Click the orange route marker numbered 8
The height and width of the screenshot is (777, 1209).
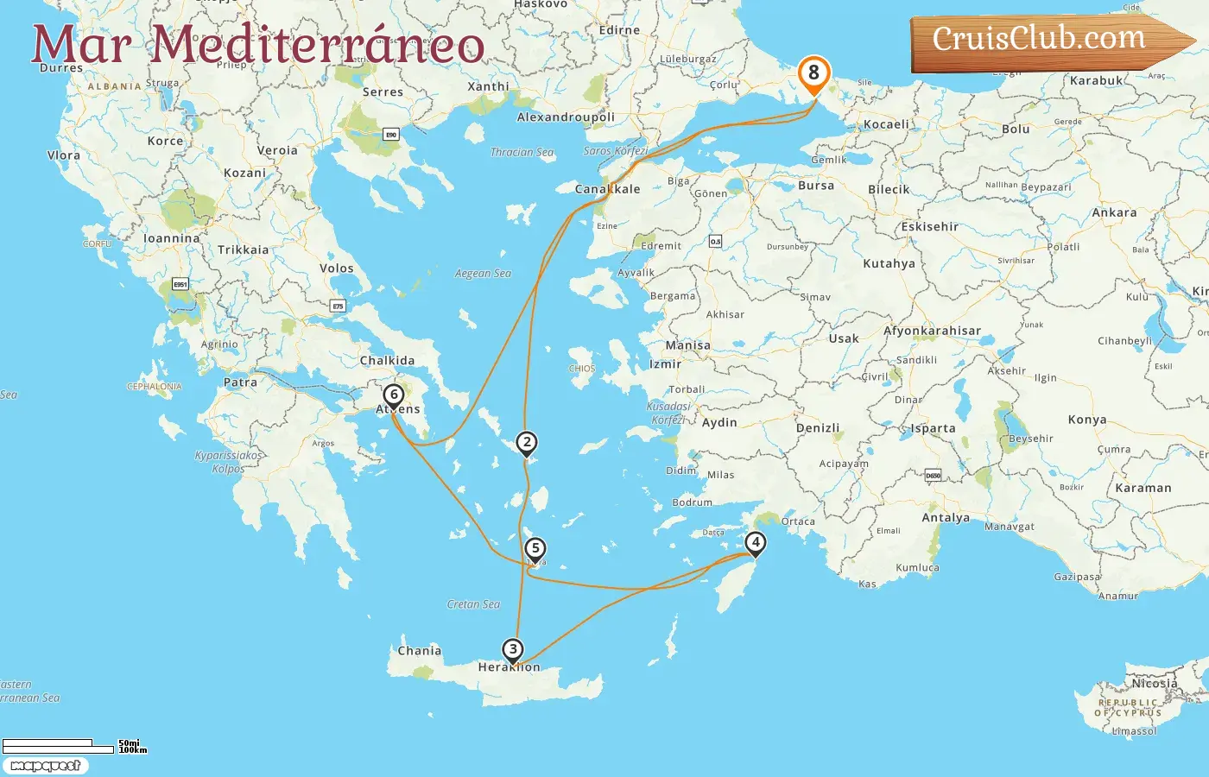click(x=813, y=73)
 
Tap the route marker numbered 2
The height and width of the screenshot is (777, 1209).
click(x=527, y=443)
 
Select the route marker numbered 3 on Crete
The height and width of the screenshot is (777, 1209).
click(x=513, y=649)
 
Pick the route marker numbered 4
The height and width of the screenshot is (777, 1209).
click(x=756, y=543)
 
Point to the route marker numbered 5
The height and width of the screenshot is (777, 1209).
click(x=535, y=548)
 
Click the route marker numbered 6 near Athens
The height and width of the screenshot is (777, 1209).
click(x=394, y=395)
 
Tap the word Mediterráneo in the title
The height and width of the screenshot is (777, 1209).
click(x=318, y=45)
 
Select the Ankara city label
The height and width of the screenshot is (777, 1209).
click(x=1114, y=212)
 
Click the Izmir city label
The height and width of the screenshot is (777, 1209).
click(x=665, y=364)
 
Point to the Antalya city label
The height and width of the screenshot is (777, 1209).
click(x=946, y=518)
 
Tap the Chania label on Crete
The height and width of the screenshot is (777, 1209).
click(x=420, y=651)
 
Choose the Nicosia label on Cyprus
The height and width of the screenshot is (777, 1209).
click(x=1155, y=683)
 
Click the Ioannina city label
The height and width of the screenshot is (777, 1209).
click(x=171, y=238)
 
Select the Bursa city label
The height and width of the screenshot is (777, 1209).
click(x=816, y=186)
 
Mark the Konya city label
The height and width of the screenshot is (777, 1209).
click(x=1087, y=420)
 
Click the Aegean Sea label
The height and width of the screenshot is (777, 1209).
click(x=483, y=274)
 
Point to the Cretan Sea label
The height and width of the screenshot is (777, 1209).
click(x=473, y=604)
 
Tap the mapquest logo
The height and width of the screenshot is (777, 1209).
click(x=45, y=766)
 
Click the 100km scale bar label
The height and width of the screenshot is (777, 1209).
click(x=133, y=750)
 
